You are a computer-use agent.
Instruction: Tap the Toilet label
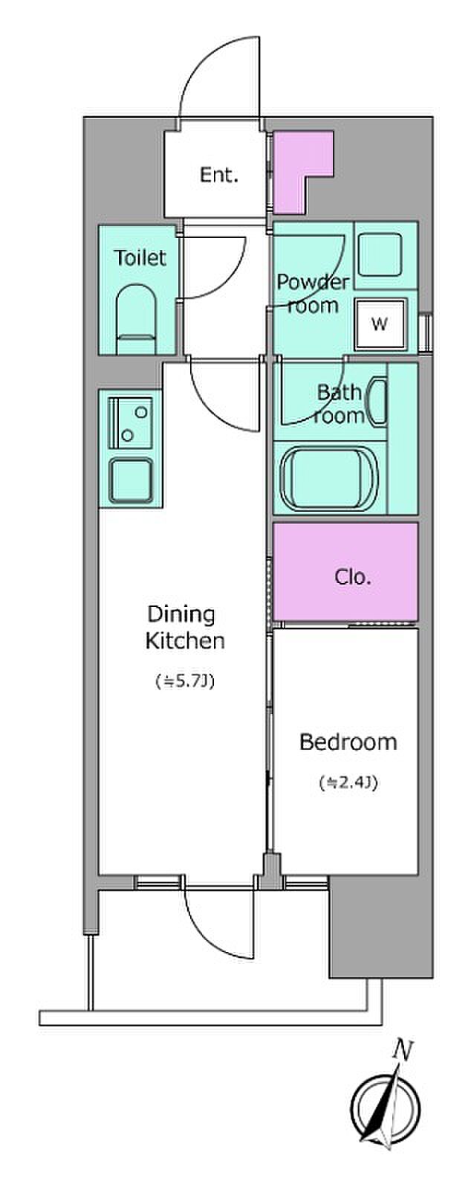point(140,258)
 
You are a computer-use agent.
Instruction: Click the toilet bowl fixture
point(136,319)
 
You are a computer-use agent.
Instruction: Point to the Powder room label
point(313,293)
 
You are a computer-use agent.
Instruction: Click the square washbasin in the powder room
point(379,255)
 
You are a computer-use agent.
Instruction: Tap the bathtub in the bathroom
point(330,478)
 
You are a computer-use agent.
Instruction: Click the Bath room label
point(339,404)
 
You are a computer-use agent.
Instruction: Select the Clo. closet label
point(353,576)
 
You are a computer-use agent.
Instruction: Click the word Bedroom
point(348,742)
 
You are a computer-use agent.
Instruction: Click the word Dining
point(181,614)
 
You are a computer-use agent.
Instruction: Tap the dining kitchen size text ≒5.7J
point(185,681)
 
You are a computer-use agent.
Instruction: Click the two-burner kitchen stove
point(131,423)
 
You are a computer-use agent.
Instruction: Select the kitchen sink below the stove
point(131,480)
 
